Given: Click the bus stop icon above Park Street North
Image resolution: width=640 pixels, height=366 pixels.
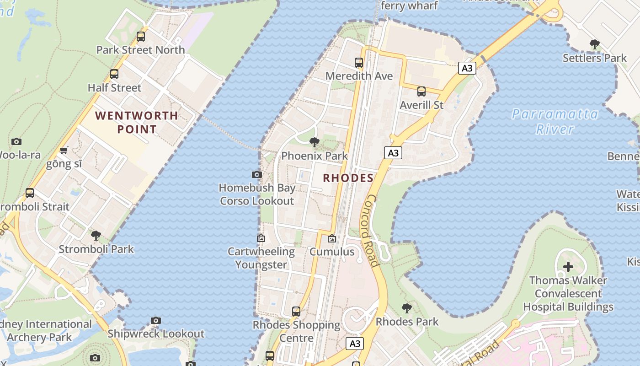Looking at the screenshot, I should point(140,37).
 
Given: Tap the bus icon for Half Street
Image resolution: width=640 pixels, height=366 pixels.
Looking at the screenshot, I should point(114,74).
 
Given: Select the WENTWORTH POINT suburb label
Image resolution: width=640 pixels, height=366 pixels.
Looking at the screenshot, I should point(137,122).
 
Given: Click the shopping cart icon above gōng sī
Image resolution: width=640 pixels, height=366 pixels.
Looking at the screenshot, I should point(64,151).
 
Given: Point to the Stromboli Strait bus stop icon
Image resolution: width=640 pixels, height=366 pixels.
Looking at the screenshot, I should point(30,193).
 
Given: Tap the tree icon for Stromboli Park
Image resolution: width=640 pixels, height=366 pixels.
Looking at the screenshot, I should point(96,236).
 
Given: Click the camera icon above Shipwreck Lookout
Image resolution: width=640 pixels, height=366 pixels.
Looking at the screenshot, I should point(156,320).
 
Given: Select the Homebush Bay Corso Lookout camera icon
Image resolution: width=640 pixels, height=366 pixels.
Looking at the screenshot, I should point(257,174).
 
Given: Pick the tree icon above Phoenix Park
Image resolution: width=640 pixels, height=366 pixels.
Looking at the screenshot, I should point(314,142).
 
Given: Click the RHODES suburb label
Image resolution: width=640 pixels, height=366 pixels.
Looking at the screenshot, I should point(348,178).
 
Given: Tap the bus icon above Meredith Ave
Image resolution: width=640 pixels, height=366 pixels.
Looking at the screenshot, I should point(359,63).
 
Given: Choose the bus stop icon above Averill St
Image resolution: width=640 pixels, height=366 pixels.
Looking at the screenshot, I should point(421,91).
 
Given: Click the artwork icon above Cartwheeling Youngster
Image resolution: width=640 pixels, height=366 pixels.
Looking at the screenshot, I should point(261,238).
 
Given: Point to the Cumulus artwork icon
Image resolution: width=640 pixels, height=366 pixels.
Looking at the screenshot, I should point(332,238).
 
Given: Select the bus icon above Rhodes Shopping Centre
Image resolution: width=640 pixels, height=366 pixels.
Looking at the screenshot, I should point(296,312).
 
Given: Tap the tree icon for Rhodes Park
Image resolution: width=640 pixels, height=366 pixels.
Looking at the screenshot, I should point(406,308).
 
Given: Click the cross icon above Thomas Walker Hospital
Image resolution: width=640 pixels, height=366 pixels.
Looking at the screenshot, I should point(568,267).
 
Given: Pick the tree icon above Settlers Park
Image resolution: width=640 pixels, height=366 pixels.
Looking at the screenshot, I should point(594,44).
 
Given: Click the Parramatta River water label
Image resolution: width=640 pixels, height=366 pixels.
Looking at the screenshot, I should point(555,121).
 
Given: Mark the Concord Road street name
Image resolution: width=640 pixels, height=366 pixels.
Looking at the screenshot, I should point(372,231).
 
